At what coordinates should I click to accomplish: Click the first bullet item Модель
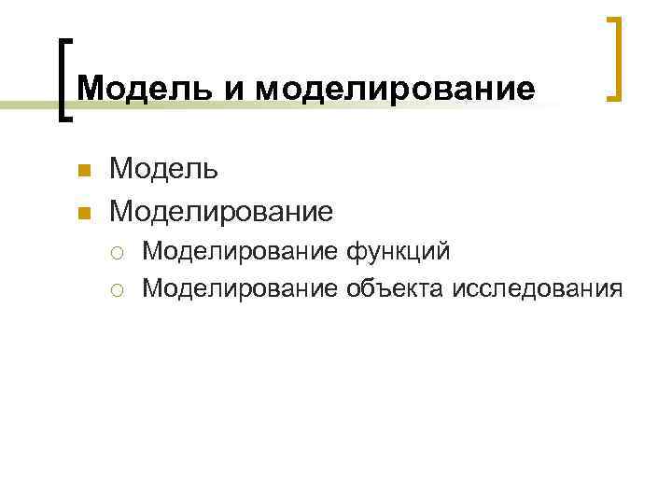click(x=164, y=170)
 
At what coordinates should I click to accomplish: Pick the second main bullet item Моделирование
click(x=220, y=211)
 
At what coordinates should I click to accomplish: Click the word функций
click(x=399, y=251)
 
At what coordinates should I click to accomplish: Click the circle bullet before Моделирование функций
click(x=124, y=252)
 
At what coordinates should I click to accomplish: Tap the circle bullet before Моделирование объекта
click(x=124, y=288)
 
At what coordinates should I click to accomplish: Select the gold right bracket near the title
click(x=614, y=58)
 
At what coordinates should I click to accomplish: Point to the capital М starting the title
click(x=89, y=89)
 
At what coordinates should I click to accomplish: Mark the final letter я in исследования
click(x=614, y=288)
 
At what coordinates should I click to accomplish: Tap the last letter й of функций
click(x=444, y=250)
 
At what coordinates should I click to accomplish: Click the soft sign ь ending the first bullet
click(x=212, y=171)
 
